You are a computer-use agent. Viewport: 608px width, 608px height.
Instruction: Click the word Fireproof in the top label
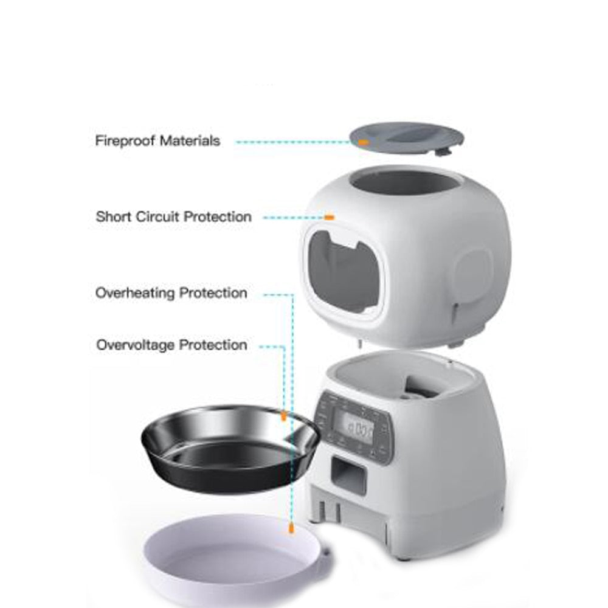point(125,141)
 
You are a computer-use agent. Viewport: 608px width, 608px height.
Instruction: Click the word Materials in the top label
point(190,141)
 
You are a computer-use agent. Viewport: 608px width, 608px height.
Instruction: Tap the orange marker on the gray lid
point(363,142)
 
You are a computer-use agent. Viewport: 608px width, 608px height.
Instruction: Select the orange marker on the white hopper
point(329,216)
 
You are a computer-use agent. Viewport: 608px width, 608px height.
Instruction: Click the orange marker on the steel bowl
point(283,416)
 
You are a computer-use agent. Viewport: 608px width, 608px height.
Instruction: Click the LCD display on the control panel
point(359,430)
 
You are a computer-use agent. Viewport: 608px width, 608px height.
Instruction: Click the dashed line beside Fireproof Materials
point(292,142)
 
